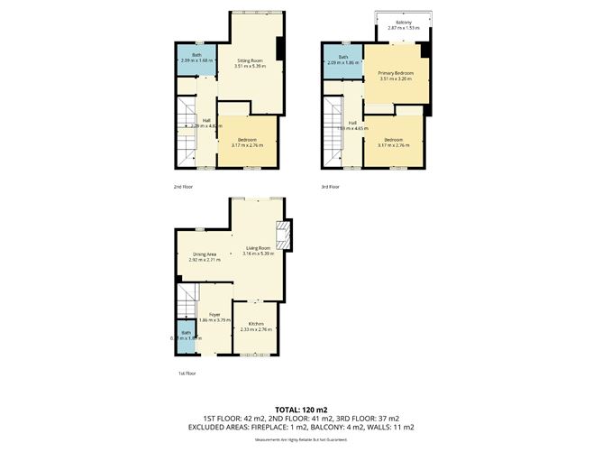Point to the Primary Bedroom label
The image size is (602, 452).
[395, 75]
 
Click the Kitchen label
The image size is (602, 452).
[253, 326]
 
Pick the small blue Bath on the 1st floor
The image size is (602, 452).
[186, 336]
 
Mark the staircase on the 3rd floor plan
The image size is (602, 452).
[335, 134]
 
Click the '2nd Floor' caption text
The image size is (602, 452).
[183, 187]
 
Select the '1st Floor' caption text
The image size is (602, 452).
[187, 372]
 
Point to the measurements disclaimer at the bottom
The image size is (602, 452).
[300, 439]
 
